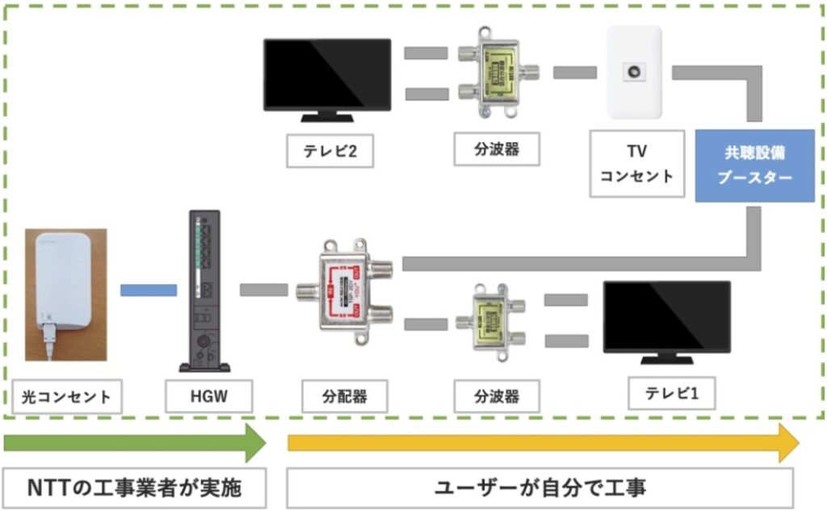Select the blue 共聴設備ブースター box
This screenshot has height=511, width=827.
tap(754, 166)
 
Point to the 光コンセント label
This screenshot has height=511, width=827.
tap(67, 397)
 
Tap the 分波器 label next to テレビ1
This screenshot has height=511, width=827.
tap(496, 397)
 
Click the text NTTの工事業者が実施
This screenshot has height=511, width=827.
tap(134, 488)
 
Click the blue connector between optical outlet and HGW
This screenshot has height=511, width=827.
tap(149, 289)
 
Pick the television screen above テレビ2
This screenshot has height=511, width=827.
tap(327, 74)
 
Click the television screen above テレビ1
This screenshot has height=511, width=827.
tap(667, 317)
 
